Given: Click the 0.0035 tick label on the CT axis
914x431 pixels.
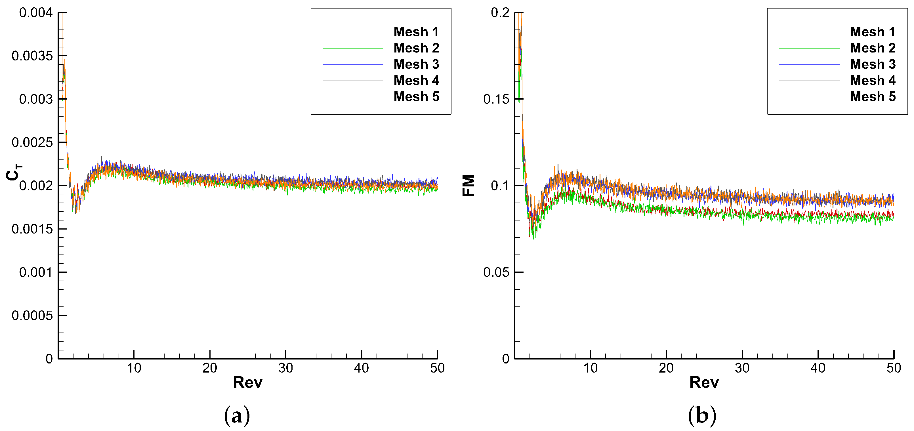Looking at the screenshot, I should click(32, 56).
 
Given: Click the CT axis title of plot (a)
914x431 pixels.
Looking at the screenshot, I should click(14, 172).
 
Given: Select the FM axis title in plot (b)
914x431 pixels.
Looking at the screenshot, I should click(469, 186).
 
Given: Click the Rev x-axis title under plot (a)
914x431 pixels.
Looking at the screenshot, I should click(248, 383).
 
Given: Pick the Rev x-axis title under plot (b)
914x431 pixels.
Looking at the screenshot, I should click(704, 383).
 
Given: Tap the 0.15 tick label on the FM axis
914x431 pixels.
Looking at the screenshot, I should click(496, 99).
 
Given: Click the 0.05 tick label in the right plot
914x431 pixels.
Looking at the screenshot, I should click(496, 272).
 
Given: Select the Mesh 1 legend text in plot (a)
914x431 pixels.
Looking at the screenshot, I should click(416, 32).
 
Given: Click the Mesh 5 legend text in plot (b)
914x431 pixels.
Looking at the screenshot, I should click(873, 96).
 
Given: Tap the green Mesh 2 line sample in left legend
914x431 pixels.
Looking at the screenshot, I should click(353, 48).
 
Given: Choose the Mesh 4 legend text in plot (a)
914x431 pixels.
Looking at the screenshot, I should click(416, 81).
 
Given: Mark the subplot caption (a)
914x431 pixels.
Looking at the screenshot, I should click(237, 415).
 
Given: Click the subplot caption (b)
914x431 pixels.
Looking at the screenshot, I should click(702, 415).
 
